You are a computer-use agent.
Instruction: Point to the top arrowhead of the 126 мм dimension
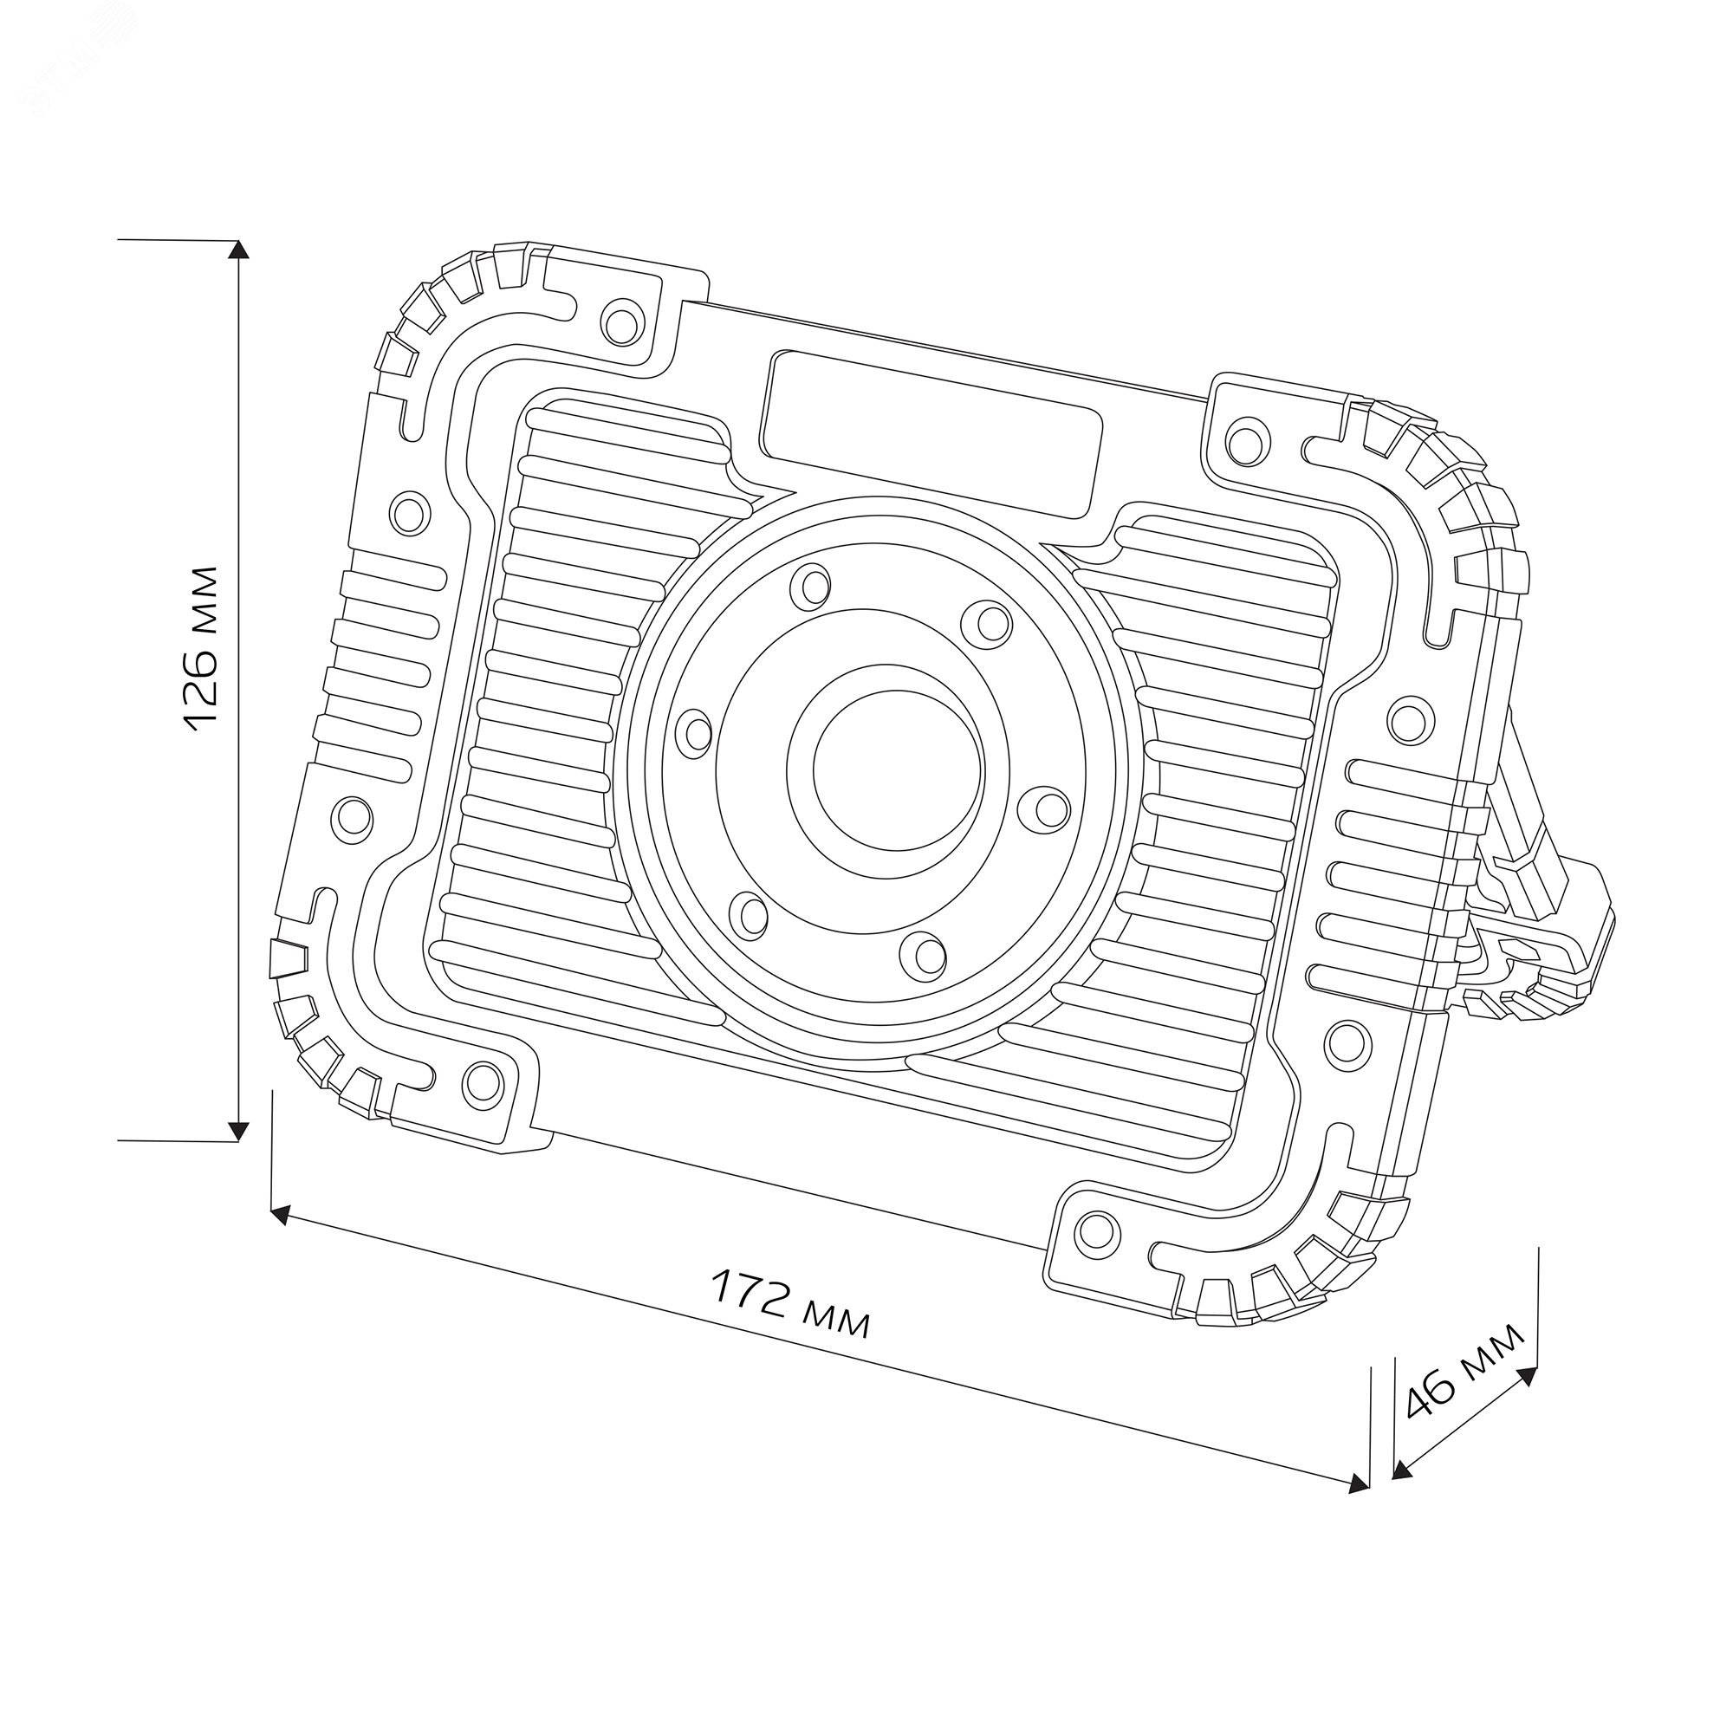(237, 250)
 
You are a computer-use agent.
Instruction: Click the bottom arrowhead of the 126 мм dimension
(237, 1131)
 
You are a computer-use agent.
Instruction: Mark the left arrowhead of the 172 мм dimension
(281, 1215)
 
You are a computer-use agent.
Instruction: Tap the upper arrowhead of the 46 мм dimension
(1527, 1375)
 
